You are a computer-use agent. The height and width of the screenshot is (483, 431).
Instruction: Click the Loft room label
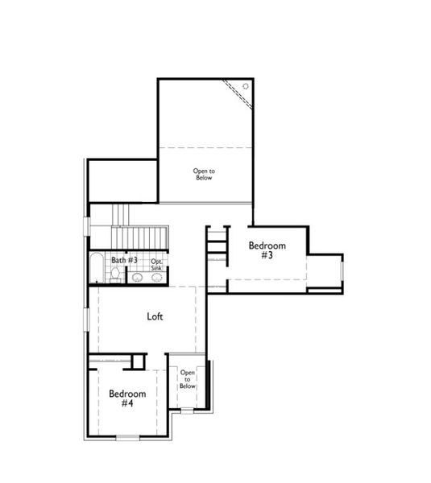click(x=155, y=316)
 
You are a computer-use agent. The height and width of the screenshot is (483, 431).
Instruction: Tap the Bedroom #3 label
click(x=266, y=250)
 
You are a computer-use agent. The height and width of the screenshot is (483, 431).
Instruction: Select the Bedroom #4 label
click(x=127, y=398)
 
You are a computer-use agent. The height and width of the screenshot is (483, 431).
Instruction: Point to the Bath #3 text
click(x=125, y=260)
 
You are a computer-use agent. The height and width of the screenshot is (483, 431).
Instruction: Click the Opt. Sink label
click(x=156, y=263)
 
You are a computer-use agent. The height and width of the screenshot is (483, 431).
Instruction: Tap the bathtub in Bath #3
click(x=97, y=268)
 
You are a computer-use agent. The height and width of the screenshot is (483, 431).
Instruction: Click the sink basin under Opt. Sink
click(x=156, y=278)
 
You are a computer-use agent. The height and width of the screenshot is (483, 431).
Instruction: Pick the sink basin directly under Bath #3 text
click(x=137, y=278)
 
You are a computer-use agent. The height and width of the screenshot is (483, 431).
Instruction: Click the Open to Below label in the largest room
click(x=204, y=174)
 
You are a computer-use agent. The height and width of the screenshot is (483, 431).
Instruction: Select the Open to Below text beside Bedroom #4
click(x=188, y=379)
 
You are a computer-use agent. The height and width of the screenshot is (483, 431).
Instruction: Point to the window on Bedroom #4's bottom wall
click(x=127, y=437)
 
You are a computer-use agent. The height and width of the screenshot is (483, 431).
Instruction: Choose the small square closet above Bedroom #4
click(x=138, y=361)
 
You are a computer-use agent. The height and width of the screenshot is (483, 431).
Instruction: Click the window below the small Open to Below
click(x=187, y=411)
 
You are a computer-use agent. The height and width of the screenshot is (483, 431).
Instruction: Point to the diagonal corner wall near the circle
click(x=239, y=94)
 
